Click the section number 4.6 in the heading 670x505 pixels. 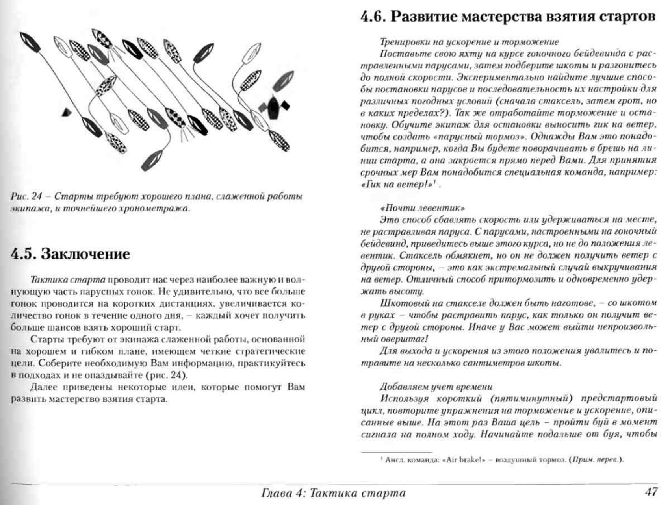click(x=373, y=17)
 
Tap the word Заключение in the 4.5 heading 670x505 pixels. click(x=85, y=254)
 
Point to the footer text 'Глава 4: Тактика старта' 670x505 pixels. click(x=333, y=493)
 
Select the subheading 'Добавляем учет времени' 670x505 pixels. click(x=436, y=387)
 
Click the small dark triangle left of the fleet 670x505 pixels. click(x=66, y=113)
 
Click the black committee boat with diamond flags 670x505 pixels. click(x=273, y=107)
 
